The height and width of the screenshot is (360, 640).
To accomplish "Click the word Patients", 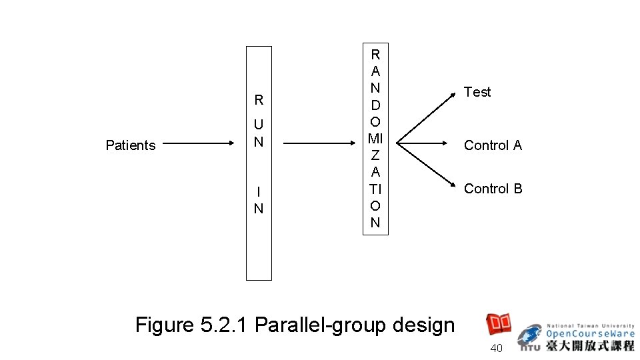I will point(131,145).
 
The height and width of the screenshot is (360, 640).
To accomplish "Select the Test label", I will point(477,92).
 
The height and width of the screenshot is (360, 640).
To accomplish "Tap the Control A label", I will point(493,145).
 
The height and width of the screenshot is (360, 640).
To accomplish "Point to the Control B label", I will point(493,189).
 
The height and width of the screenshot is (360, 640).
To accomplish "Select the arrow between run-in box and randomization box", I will point(319,143).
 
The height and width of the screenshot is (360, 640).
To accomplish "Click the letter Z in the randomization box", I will point(375,155).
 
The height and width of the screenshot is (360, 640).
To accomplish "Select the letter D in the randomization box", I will point(375,105).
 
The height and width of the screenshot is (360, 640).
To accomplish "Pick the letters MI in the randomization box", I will point(375,139).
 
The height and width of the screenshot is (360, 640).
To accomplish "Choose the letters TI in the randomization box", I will point(375,189).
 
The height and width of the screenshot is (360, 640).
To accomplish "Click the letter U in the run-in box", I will point(259,125).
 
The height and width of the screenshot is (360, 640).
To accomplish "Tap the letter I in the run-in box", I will point(259,192).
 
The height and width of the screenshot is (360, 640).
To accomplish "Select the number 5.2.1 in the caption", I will point(223,325).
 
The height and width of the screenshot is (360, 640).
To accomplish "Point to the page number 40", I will point(496,349).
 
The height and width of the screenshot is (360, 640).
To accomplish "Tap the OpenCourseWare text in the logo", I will point(591,333).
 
